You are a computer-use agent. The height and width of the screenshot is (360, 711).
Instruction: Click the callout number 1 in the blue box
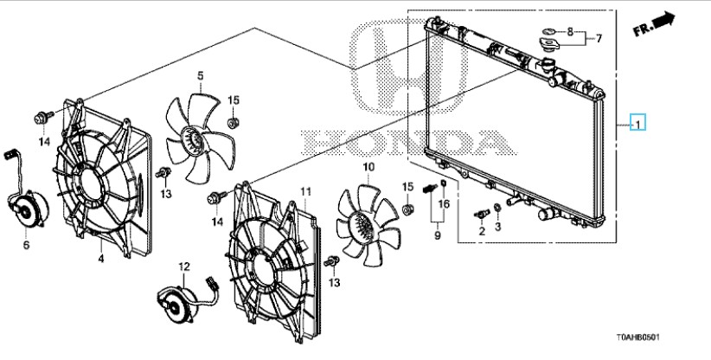pos(637,124)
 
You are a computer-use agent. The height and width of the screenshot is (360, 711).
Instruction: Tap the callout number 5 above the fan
pos(200,75)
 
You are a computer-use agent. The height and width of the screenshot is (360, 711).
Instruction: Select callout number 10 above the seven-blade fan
pos(368,167)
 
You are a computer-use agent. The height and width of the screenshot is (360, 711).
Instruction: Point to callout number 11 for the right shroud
pos(306,191)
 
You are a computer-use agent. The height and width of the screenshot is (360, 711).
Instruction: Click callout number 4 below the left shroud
pos(101,259)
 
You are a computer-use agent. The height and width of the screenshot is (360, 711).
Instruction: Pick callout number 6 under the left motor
pos(26,245)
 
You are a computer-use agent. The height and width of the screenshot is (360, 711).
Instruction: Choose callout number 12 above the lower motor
pos(184,267)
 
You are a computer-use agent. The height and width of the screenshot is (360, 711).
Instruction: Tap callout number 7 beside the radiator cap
pos(599,39)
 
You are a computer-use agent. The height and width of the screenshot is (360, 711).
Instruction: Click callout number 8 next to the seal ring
pos(570,32)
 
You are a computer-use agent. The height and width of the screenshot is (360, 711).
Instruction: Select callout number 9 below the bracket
pos(437,235)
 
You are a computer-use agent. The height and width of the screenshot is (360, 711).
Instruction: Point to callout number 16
pos(444,204)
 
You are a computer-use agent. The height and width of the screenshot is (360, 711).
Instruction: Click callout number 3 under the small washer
pos(498,226)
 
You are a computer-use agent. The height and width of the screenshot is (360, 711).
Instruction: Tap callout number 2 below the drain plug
pos(482,231)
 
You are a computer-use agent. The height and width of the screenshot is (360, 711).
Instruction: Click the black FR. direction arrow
pos(664,20)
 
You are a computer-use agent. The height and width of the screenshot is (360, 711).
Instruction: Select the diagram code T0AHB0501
pos(637,337)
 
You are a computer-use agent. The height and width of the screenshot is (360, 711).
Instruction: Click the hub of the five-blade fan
pos(193,139)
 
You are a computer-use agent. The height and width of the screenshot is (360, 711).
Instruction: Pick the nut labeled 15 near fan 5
pos(233,122)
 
